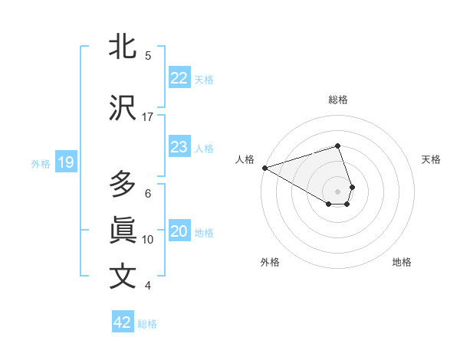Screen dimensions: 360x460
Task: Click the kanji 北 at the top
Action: coord(123,46)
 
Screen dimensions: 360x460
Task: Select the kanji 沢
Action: coord(123,108)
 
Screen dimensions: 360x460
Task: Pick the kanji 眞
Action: coord(123,230)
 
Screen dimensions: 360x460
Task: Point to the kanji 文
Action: coord(123,277)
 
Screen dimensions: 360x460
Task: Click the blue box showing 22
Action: coord(179,78)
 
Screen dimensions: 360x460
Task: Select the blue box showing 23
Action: coord(179,147)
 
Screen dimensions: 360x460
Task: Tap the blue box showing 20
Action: coord(179,231)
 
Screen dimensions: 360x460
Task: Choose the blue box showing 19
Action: coord(65,162)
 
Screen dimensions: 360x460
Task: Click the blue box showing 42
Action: coord(123,322)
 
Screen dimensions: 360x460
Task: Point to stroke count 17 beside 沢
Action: coord(148,116)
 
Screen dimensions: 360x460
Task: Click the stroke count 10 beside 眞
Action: coord(148,239)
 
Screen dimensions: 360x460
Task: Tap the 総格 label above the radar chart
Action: coord(338,100)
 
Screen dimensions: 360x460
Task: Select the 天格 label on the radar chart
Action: coord(431,159)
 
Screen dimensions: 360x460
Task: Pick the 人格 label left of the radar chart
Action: coord(245,159)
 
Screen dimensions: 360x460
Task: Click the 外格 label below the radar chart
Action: coord(270,262)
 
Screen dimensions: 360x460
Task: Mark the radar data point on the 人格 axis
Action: coord(264,167)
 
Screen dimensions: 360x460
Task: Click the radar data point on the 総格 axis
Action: coord(337,146)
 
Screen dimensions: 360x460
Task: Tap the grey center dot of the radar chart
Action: coord(338,191)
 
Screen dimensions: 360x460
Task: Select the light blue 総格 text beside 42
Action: coord(147,323)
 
